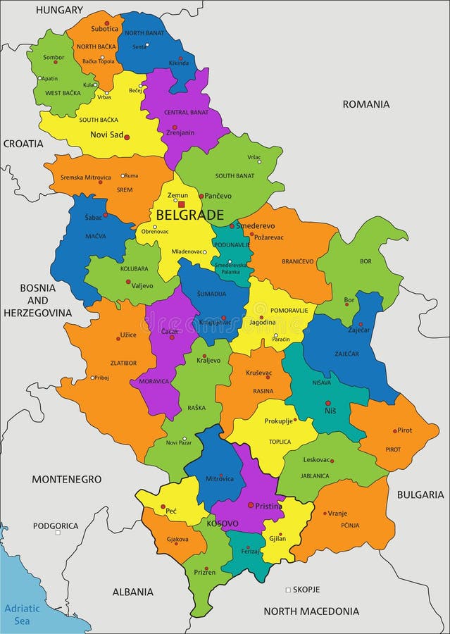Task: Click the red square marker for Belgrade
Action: [x=181, y=204]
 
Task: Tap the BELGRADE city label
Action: [x=189, y=216]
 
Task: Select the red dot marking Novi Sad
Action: [x=127, y=137]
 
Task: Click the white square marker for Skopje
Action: [x=287, y=590]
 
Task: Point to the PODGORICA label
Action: [x=56, y=526]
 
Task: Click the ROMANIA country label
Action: [x=365, y=104]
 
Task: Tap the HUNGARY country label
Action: [x=59, y=10]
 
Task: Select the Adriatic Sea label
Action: [x=18, y=614]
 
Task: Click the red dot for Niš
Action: [x=327, y=404]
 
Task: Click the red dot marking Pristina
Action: [x=250, y=504]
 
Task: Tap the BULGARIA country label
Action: [x=420, y=495]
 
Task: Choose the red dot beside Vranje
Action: [x=325, y=513]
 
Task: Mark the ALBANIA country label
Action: [x=133, y=592]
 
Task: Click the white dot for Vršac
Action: [x=259, y=161]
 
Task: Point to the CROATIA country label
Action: [x=23, y=143]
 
